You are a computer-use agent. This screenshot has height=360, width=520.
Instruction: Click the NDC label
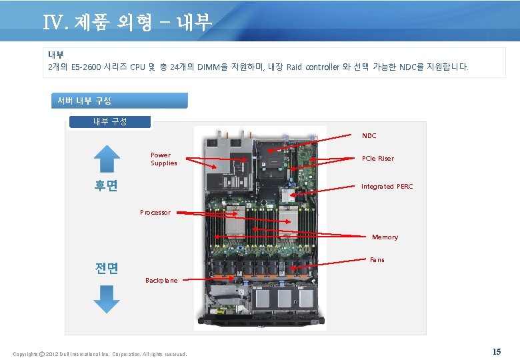pyautogui.click(x=369, y=135)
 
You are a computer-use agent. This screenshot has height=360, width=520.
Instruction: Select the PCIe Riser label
pyautogui.click(x=377, y=159)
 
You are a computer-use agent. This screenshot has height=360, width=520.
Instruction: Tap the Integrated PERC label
pyautogui.click(x=387, y=187)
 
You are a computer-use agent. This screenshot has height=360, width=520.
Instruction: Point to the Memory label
pyautogui.click(x=385, y=237)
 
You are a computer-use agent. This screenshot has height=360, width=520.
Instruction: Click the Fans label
pyautogui.click(x=377, y=260)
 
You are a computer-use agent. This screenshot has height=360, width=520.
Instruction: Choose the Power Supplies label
pyautogui.click(x=164, y=159)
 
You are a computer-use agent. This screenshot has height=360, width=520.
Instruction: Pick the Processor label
pyautogui.click(x=155, y=213)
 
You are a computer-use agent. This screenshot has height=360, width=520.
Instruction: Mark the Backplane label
pyautogui.click(x=161, y=281)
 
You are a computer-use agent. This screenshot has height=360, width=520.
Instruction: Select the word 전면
pyautogui.click(x=107, y=268)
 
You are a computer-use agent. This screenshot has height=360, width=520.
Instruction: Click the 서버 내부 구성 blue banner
pyautogui.click(x=119, y=101)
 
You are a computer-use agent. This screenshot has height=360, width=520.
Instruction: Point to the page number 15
pyautogui.click(x=496, y=351)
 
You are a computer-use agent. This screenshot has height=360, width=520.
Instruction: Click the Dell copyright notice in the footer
pyautogui.click(x=100, y=353)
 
